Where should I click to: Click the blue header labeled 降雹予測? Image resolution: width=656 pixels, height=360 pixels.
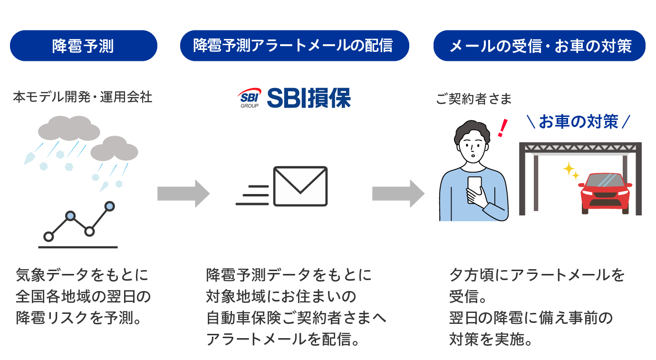click(83, 46)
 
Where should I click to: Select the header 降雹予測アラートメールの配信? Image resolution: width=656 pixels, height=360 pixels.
click(294, 46)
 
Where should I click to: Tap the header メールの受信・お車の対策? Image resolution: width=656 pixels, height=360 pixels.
click(540, 46)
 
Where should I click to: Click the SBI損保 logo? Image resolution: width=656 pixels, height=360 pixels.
click(294, 97)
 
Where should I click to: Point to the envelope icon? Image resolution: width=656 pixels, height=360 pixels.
click(300, 186)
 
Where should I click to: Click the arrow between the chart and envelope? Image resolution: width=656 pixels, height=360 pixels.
click(183, 194)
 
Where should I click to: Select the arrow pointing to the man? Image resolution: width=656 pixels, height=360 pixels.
click(398, 194)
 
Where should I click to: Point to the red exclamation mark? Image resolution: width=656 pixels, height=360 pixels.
click(501, 128)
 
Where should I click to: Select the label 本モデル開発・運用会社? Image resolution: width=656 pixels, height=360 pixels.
click(83, 97)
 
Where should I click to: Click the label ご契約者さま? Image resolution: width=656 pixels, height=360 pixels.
click(473, 99)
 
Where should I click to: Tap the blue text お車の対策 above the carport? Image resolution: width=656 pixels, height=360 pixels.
click(579, 122)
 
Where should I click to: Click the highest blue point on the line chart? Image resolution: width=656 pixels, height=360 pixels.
click(110, 206)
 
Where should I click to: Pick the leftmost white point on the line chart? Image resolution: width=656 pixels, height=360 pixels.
click(48, 236)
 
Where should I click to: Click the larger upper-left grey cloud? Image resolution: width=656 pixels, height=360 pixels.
click(69, 128)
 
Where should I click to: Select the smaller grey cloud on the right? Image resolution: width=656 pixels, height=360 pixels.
click(114, 149)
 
